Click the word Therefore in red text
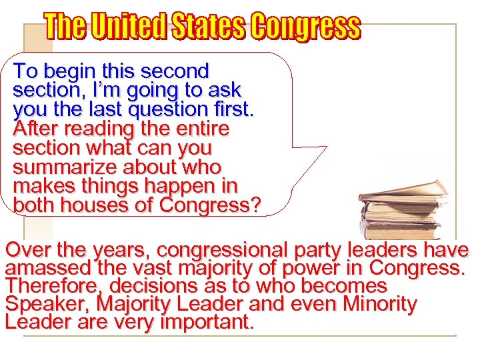tap(54, 287)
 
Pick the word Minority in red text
tap(379, 305)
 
